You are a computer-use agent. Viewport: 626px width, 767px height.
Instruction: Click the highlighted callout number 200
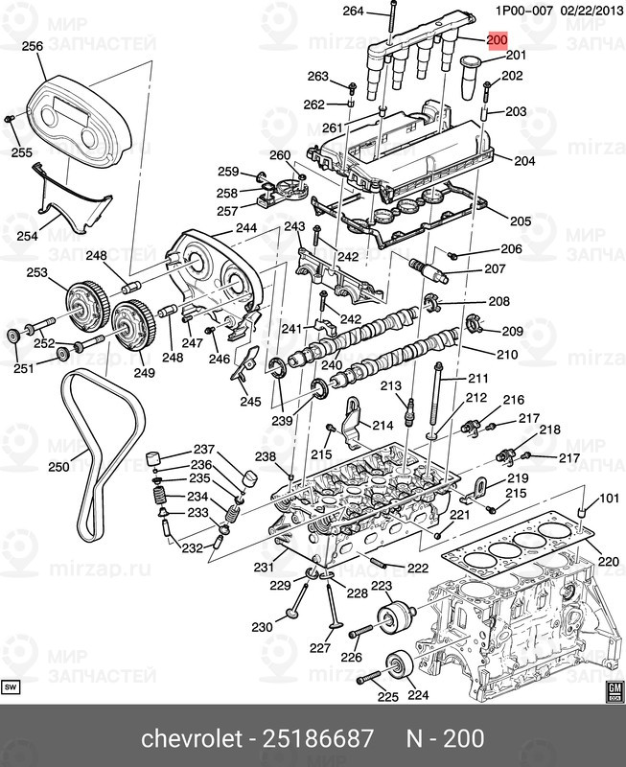497,40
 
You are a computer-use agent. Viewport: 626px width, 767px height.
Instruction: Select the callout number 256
33,46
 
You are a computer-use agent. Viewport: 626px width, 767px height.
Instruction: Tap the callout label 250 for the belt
59,467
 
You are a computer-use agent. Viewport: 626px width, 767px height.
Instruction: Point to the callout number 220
609,561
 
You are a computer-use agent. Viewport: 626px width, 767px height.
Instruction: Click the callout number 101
611,499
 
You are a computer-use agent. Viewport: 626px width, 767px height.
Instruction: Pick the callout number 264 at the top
354,12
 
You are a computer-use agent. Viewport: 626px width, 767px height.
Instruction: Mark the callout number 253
36,273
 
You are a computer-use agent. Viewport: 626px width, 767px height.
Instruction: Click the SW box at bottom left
12,687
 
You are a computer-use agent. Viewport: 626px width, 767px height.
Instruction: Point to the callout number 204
524,161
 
